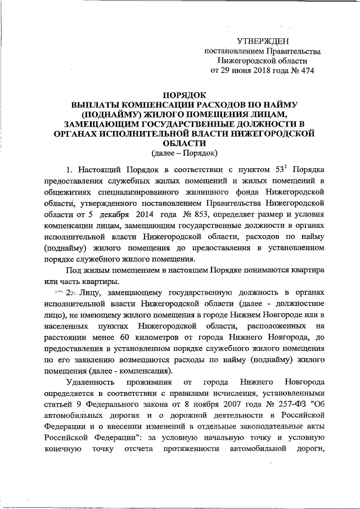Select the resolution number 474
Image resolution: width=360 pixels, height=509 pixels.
point(306,70)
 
